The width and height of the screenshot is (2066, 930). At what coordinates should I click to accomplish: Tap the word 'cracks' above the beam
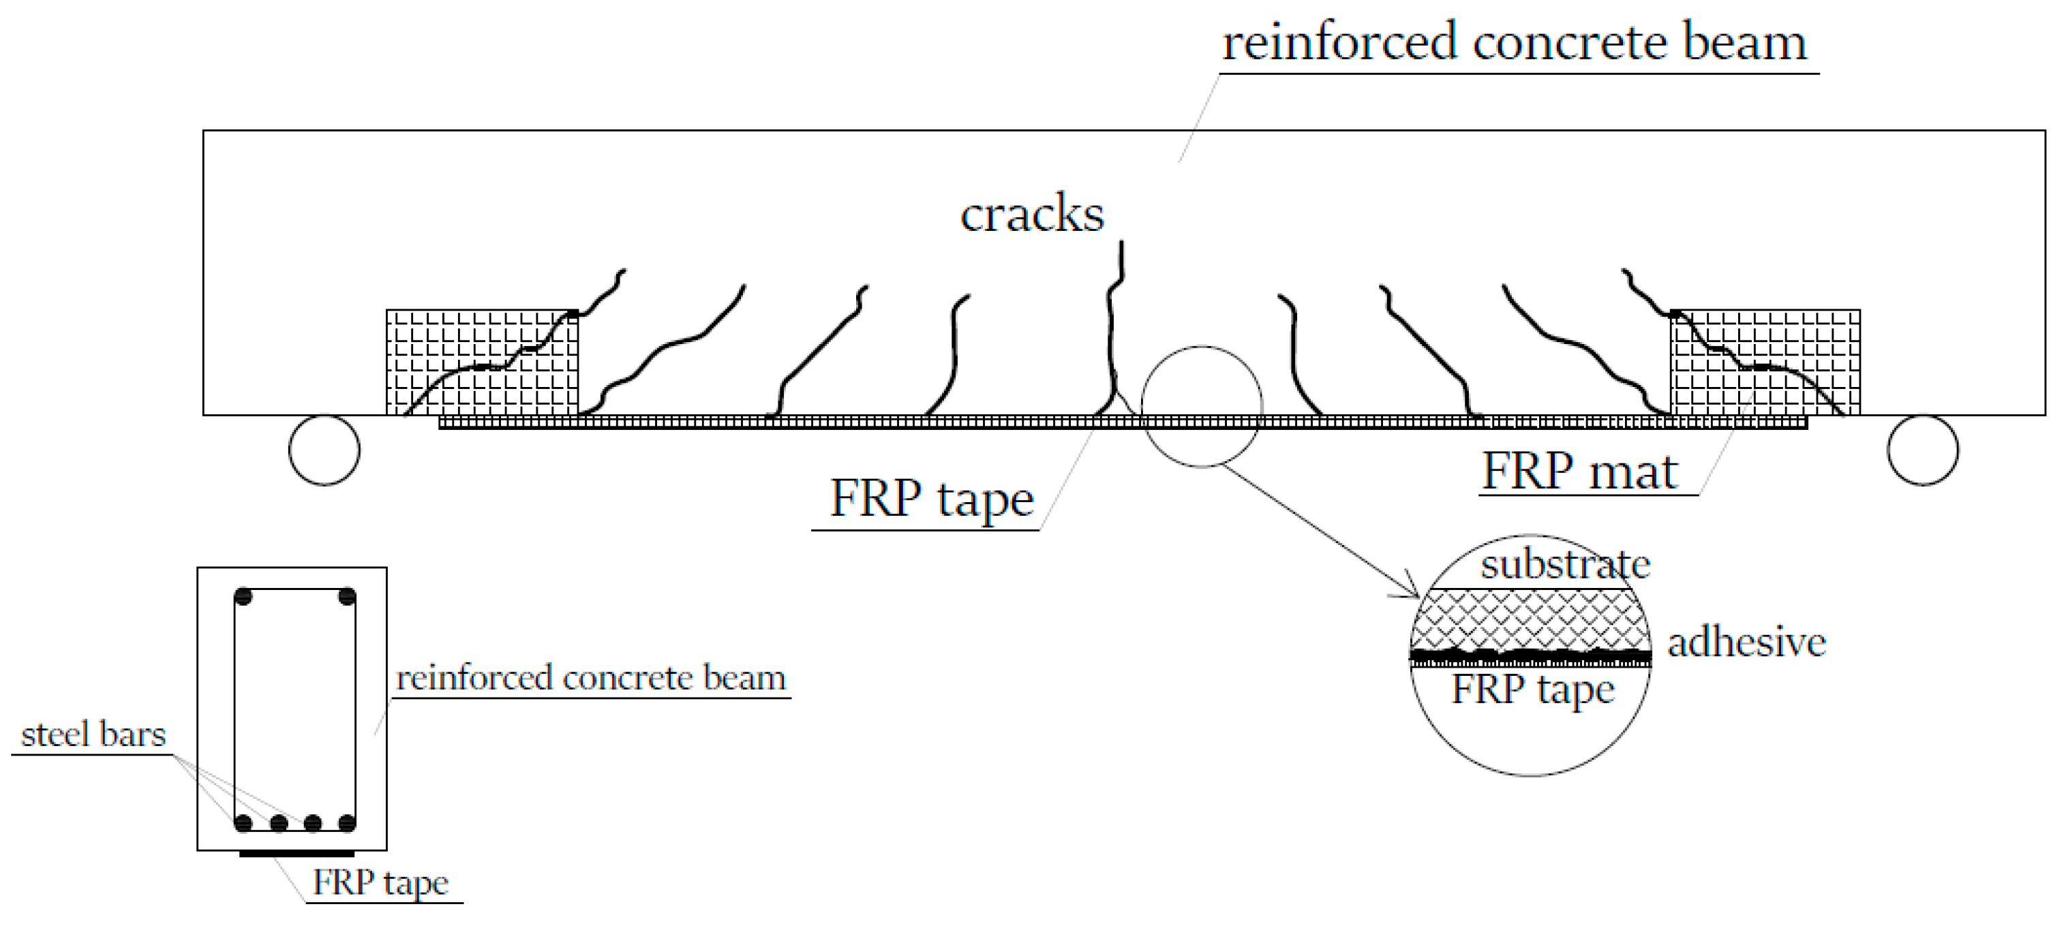coord(1032,214)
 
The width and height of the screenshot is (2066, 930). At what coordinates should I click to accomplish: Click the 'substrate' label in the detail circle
coord(1565,563)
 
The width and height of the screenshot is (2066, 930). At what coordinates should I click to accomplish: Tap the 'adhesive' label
coord(1747,642)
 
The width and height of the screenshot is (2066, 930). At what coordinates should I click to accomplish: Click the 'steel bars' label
coord(93,734)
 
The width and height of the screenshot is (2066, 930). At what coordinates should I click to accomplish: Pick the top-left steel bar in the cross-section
coord(244,596)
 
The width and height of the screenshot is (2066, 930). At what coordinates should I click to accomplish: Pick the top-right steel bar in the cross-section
coord(347,596)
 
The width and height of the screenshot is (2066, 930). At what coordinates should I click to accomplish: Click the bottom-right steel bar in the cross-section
coord(347,822)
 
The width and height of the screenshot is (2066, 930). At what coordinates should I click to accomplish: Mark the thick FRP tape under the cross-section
coord(297,854)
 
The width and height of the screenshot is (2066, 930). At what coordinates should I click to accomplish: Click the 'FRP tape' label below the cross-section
coord(380,884)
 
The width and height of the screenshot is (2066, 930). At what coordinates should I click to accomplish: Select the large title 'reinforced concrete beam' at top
coord(1514,42)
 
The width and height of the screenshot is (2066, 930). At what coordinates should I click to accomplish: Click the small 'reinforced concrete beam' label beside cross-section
coord(591,679)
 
